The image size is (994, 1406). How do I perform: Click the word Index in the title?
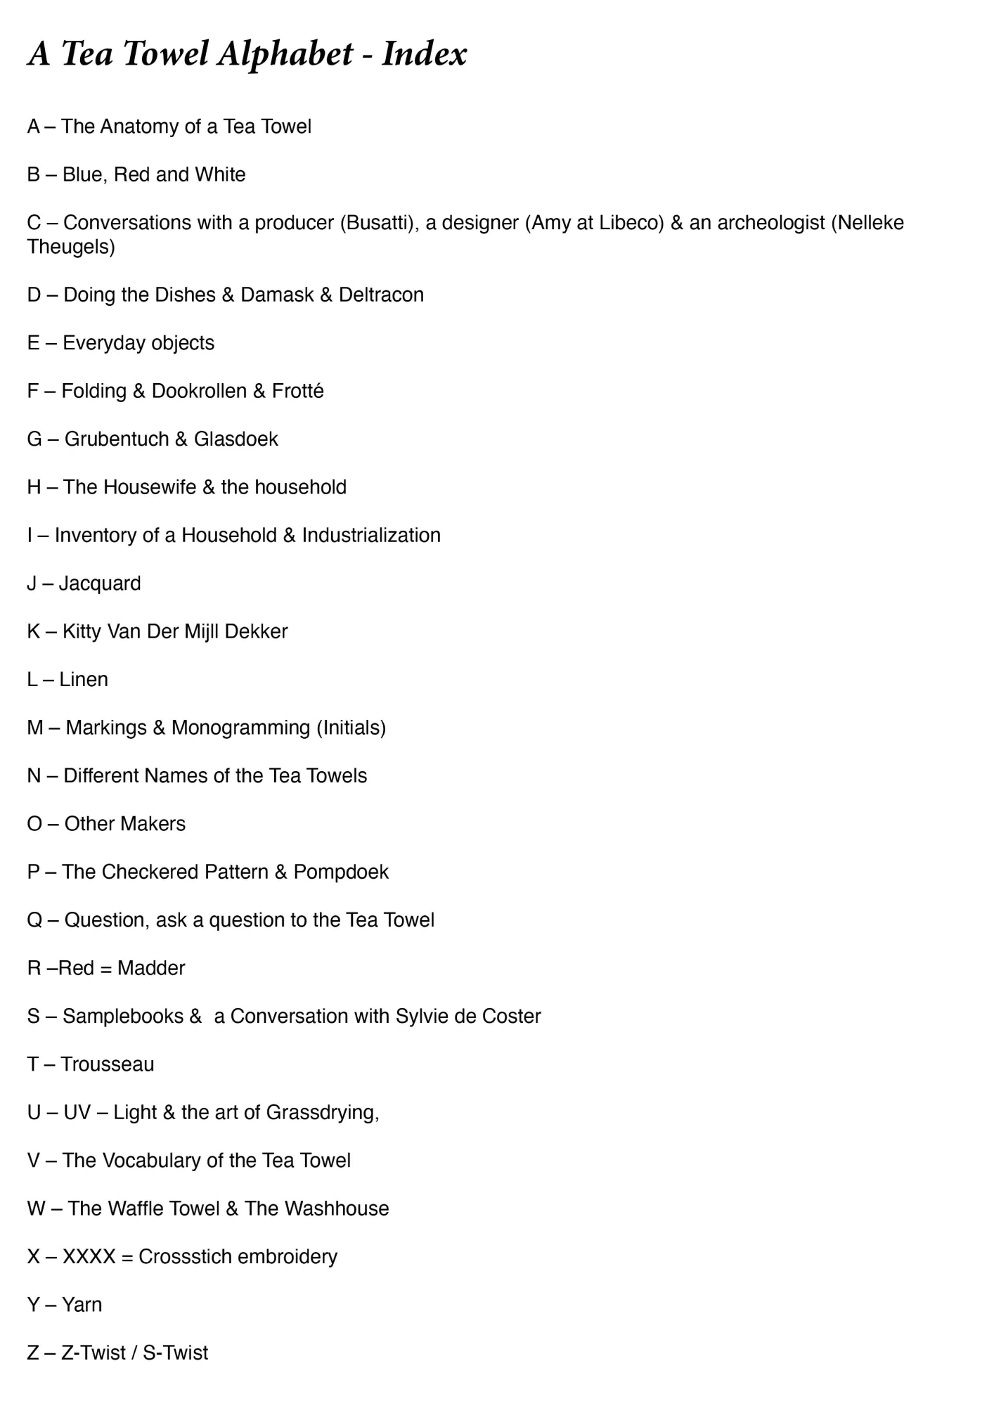click(424, 54)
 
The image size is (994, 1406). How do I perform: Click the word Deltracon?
click(381, 295)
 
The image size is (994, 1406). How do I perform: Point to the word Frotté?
click(297, 391)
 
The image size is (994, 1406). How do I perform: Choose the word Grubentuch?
click(117, 439)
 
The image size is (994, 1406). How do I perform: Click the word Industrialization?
click(371, 536)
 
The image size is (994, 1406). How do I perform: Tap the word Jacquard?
click(100, 583)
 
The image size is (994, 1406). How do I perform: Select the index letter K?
click(34, 631)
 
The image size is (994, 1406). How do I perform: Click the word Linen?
click(84, 680)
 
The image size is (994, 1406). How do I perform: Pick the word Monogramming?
click(240, 728)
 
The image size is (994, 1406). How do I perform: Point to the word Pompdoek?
click(341, 872)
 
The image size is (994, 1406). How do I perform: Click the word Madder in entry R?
click(151, 969)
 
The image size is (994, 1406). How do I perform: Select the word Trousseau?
click(107, 1064)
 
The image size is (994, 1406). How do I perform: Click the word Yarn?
click(82, 1305)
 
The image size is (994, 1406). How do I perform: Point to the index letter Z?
click(33, 1353)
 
